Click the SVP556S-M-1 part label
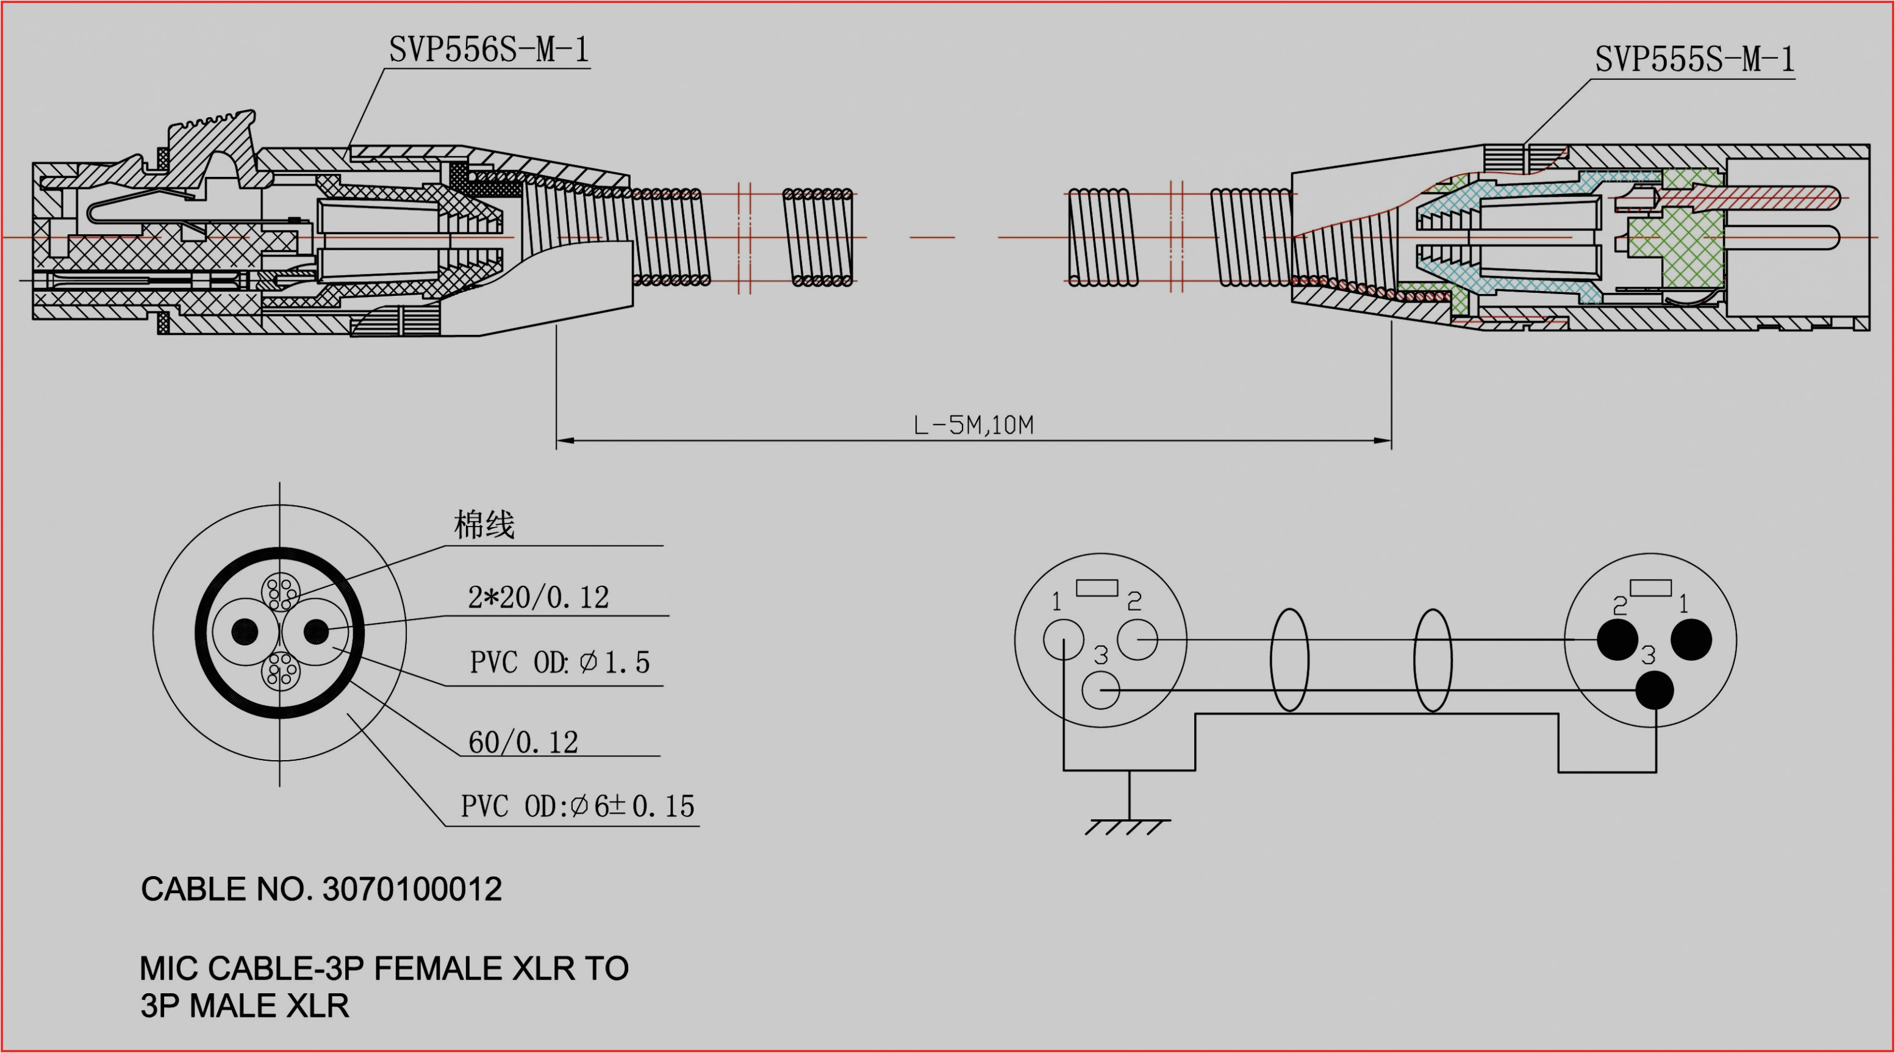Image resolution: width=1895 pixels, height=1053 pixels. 489,50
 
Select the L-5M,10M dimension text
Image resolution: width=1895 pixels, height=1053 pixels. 973,425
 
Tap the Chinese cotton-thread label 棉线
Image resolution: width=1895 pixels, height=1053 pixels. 484,525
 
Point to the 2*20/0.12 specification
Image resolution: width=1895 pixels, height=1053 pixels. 539,597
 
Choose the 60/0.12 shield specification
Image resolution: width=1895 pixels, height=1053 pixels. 523,742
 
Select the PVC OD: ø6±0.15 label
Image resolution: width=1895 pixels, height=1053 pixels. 578,807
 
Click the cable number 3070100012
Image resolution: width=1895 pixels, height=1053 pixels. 412,889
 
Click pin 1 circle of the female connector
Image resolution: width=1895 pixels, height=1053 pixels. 1064,639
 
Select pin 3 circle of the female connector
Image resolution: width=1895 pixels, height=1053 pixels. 1100,690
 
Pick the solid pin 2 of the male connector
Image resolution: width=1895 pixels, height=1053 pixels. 1617,639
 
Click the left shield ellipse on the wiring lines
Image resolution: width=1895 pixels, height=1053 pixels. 1289,660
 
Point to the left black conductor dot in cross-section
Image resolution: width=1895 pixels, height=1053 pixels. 245,631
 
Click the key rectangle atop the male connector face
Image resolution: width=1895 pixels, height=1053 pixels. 1650,588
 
